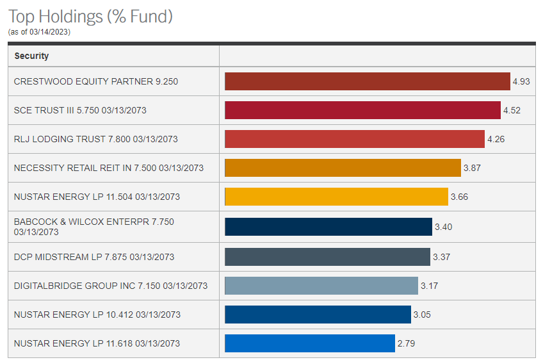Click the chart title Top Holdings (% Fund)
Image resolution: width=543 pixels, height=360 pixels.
click(90, 16)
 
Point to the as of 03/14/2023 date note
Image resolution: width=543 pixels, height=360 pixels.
click(39, 32)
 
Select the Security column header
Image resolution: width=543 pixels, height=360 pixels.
click(31, 56)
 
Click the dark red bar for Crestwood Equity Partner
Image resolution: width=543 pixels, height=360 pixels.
click(367, 81)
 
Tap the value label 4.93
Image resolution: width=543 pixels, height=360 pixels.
click(521, 81)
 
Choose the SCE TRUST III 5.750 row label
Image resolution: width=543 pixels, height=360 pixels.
click(80, 110)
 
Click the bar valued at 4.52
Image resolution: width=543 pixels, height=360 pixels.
click(362, 110)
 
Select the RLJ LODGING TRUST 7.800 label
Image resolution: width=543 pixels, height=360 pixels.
click(95, 139)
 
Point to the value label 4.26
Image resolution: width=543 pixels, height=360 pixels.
click(496, 139)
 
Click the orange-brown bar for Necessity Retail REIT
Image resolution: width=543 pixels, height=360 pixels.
click(343, 168)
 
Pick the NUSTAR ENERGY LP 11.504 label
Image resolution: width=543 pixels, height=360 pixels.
click(97, 197)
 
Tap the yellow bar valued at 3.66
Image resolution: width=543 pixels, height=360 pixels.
click(336, 197)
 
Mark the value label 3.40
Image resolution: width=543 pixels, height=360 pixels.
click(444, 227)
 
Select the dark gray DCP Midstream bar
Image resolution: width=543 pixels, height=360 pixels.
click(327, 257)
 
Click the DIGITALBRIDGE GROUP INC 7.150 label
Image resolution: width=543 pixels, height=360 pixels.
click(111, 286)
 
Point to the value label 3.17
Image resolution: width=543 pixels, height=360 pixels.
click(429, 286)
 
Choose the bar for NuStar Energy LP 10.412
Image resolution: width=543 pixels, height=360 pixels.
click(318, 315)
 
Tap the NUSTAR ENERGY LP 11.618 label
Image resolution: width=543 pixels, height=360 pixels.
click(97, 343)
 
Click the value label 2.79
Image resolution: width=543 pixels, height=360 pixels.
click(406, 343)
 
